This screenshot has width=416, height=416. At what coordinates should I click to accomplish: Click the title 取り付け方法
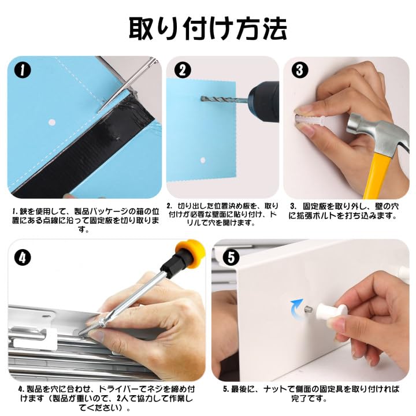[x=208, y=29]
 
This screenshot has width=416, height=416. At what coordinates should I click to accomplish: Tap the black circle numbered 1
[x=23, y=70]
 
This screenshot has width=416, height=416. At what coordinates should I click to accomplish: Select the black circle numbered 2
[x=183, y=70]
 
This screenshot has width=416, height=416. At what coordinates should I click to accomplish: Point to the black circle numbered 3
[x=300, y=70]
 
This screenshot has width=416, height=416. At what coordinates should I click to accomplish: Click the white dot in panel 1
[x=52, y=122]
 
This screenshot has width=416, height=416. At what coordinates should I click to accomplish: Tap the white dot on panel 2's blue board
[x=203, y=160]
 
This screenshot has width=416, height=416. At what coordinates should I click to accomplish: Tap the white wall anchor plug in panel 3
[x=311, y=120]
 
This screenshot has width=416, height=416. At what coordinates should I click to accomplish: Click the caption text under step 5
[x=311, y=393]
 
